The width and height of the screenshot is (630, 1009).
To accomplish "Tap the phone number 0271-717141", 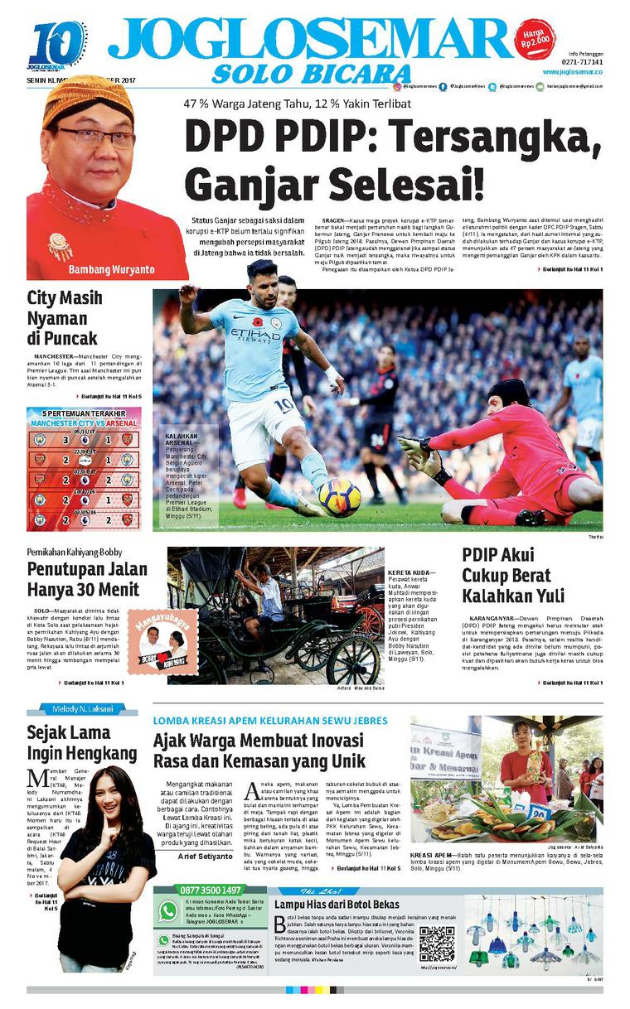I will [580, 62].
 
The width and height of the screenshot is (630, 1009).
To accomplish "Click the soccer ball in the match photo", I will [339, 496].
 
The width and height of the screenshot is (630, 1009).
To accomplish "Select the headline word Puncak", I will [70, 338].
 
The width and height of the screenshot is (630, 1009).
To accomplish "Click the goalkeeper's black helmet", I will [507, 392].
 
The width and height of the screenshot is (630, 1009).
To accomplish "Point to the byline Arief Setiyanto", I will [205, 855].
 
